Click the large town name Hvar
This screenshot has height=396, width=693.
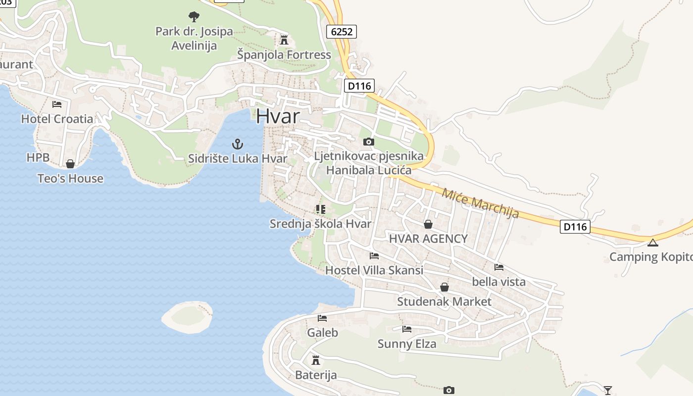click(x=278, y=116)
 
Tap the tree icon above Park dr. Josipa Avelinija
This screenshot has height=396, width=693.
click(x=194, y=17)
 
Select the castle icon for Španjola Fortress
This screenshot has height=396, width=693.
click(x=284, y=40)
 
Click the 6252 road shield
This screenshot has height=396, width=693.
click(x=342, y=32)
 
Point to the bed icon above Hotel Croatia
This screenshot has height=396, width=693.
click(x=57, y=104)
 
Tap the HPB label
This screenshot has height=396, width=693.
click(x=38, y=157)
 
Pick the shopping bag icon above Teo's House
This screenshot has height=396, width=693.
click(x=70, y=164)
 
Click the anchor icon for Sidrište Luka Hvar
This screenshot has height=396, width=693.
click(x=238, y=144)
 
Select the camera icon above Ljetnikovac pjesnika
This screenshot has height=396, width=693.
click(x=368, y=142)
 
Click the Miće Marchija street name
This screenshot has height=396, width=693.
click(x=480, y=203)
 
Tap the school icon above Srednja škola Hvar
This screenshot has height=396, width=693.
click(x=320, y=209)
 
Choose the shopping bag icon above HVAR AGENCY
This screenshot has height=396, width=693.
click(x=428, y=224)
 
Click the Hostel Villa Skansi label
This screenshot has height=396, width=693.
click(x=374, y=270)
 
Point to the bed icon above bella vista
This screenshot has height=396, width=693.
click(x=498, y=267)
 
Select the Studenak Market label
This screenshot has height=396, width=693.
click(x=444, y=301)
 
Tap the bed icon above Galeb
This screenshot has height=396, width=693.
click(x=322, y=318)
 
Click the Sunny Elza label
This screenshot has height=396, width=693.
click(x=407, y=344)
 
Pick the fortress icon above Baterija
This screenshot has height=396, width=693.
click(x=316, y=360)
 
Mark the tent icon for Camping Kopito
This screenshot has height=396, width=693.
click(x=653, y=243)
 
